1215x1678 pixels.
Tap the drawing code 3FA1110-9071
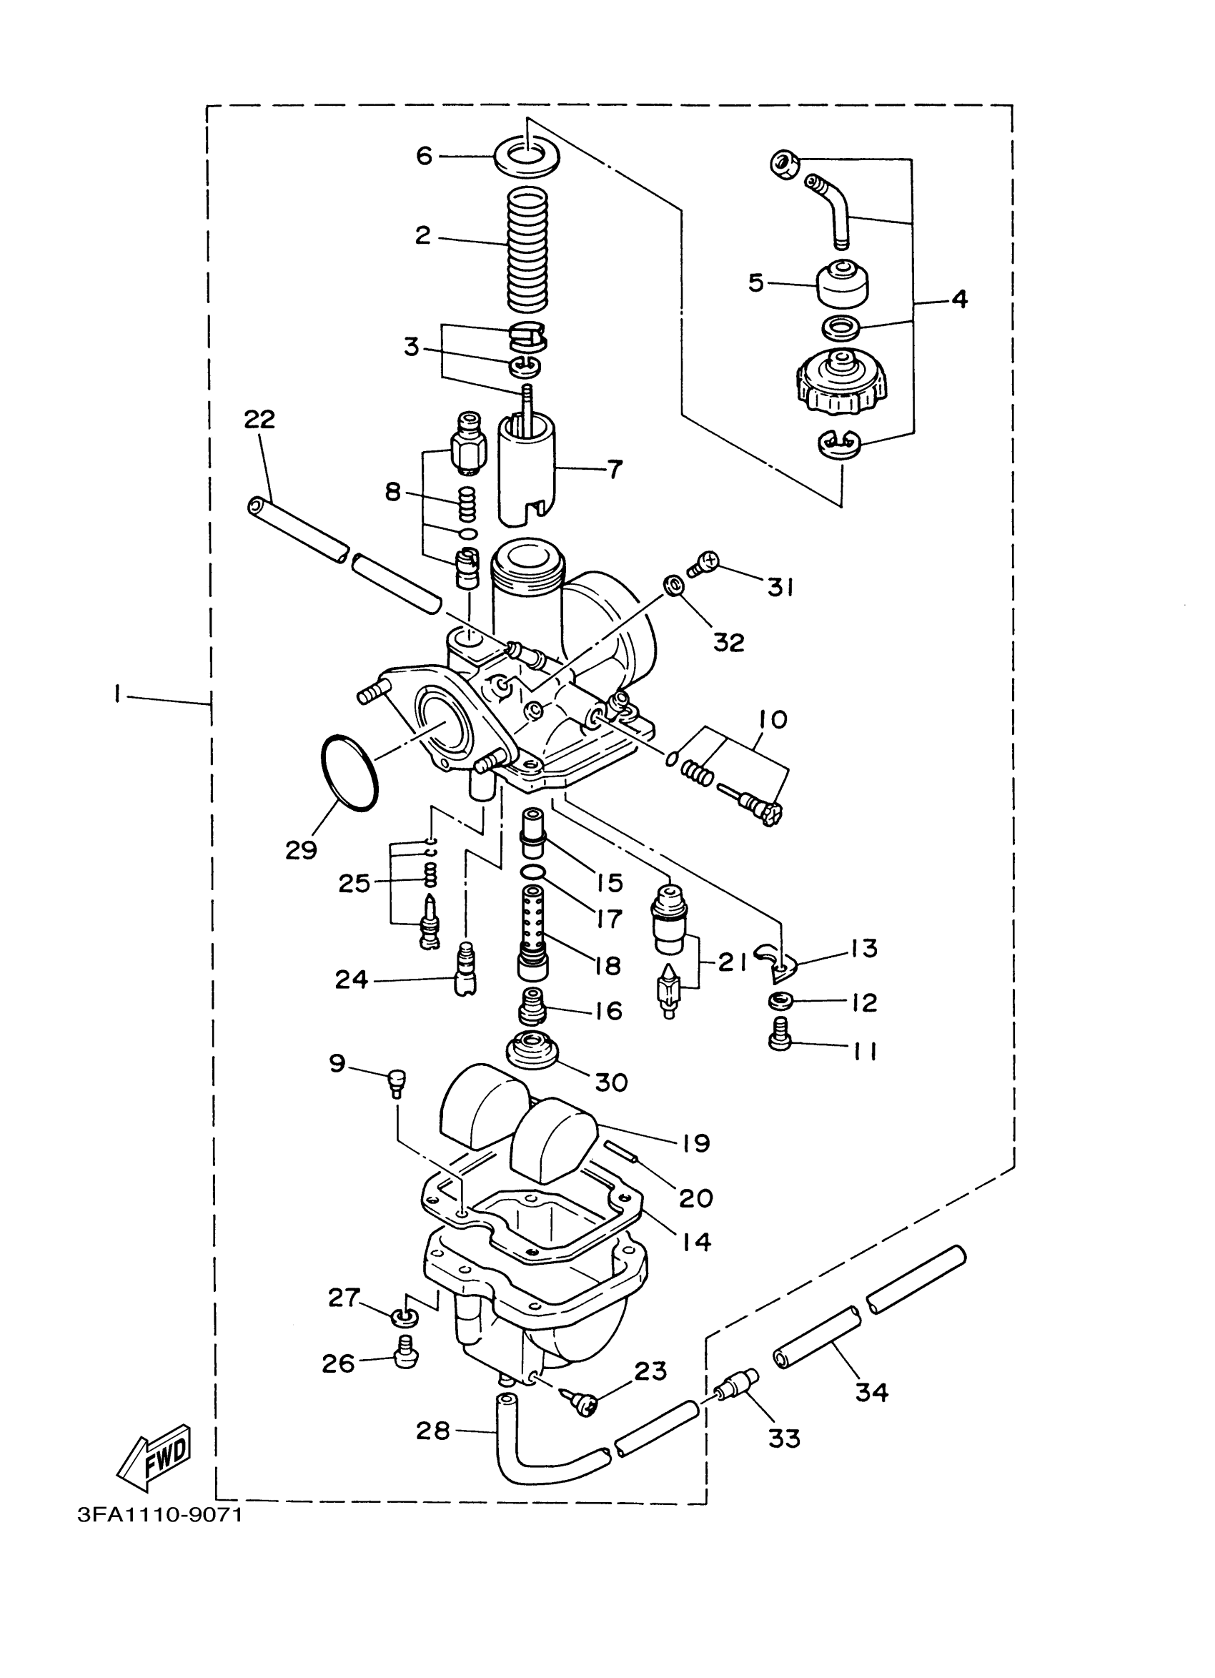point(159,1514)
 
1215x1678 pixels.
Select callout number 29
point(301,850)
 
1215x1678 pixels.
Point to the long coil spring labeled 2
point(528,249)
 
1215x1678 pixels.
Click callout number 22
point(259,420)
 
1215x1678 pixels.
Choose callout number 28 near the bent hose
point(432,1430)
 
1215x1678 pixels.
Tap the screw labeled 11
point(780,1043)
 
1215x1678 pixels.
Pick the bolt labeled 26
point(405,1352)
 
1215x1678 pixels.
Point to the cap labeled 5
point(841,282)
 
